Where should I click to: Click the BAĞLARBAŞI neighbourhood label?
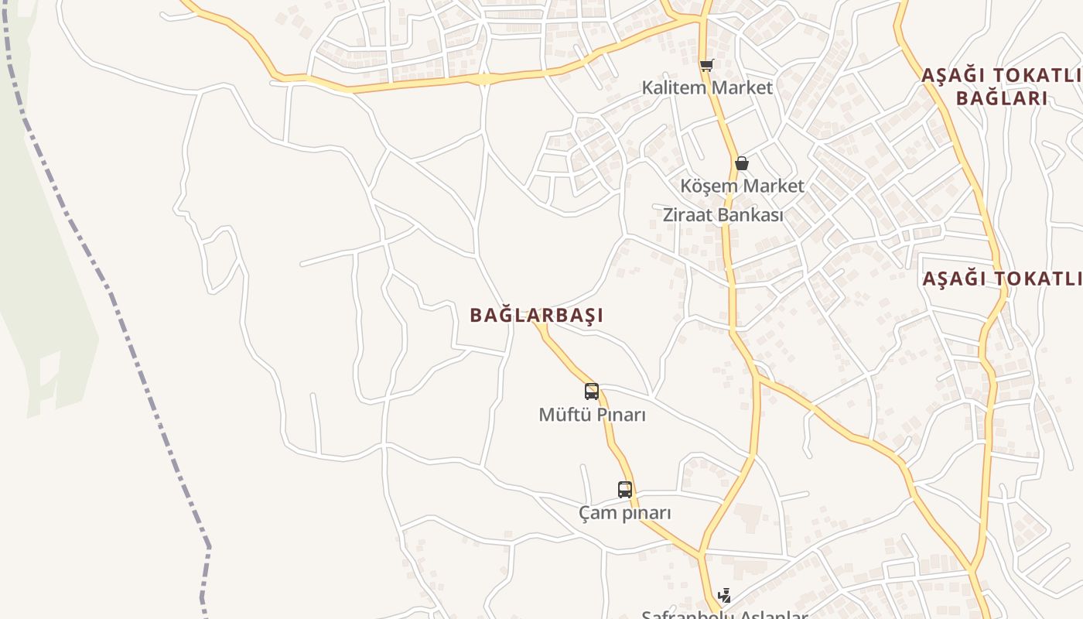tap(536, 315)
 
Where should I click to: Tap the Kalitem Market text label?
tap(707, 87)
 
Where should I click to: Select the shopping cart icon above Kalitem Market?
tap(706, 66)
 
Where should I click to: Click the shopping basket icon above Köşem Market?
tap(741, 163)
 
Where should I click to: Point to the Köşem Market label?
tap(742, 186)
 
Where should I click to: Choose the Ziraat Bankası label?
tap(723, 215)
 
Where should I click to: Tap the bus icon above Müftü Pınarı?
tap(592, 392)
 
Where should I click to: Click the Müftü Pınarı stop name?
tap(592, 415)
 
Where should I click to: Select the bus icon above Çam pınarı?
tap(625, 489)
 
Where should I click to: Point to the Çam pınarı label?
tap(625, 513)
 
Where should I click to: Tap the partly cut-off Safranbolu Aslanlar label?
tap(724, 614)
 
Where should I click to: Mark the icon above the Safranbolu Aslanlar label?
tap(725, 595)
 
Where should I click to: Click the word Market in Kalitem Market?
tap(742, 87)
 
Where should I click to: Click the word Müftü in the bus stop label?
tap(560, 415)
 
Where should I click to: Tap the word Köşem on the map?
tap(705, 186)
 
